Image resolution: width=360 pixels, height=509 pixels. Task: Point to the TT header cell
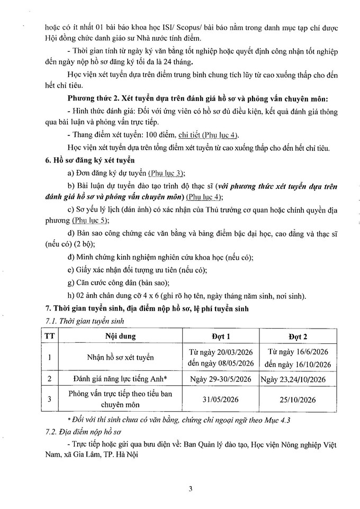[x=49, y=336]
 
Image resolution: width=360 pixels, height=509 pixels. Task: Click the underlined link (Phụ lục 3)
[x=164, y=173]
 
